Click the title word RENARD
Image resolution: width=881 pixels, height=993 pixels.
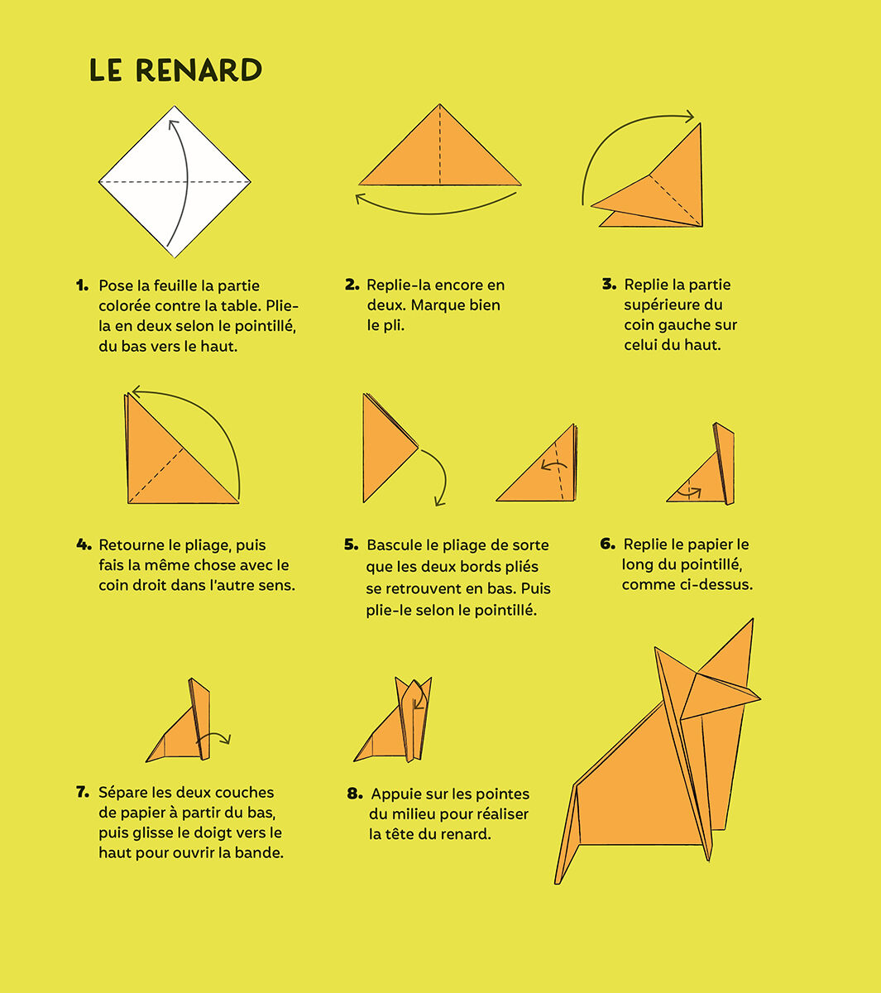pyautogui.click(x=199, y=70)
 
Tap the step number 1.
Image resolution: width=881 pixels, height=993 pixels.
pyautogui.click(x=82, y=285)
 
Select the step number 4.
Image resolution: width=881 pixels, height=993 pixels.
pyautogui.click(x=84, y=544)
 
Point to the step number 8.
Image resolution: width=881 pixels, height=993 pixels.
pyautogui.click(x=355, y=794)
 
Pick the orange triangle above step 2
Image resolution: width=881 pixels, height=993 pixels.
pyautogui.click(x=439, y=157)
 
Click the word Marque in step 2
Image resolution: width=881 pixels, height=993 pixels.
pyautogui.click(x=439, y=305)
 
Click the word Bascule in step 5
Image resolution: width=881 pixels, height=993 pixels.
pyautogui.click(x=394, y=545)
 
